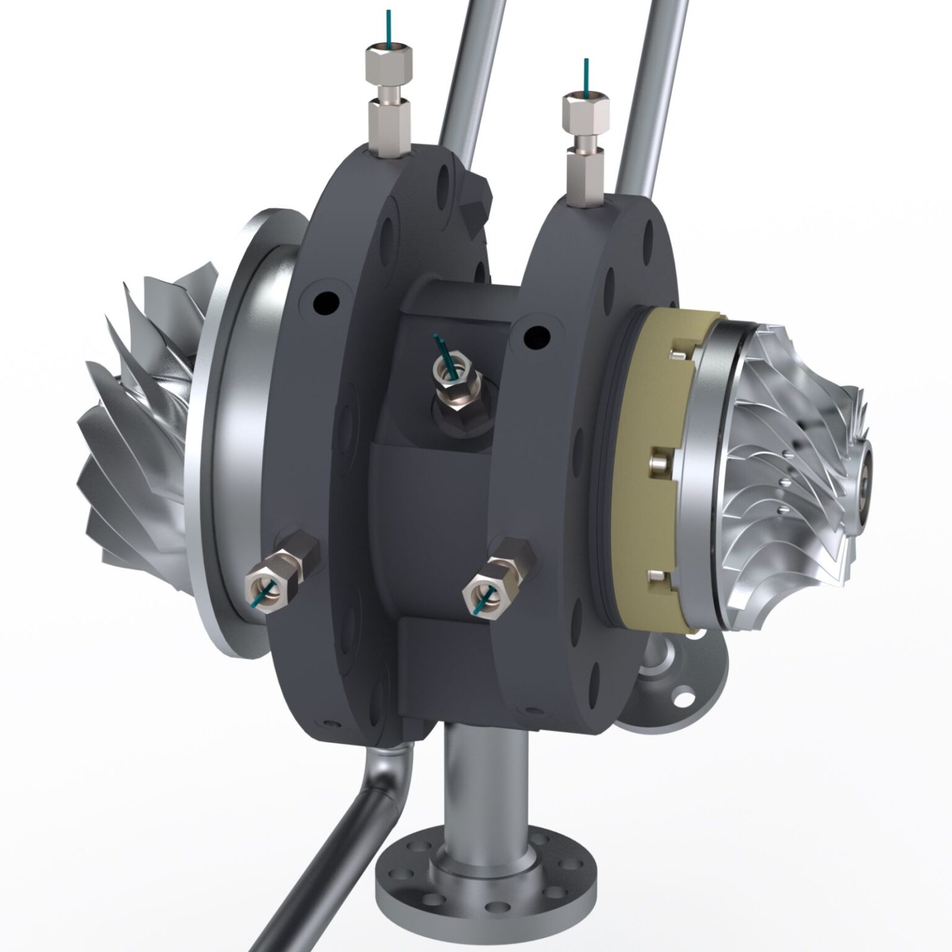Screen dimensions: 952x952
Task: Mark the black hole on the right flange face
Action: pyautogui.click(x=537, y=338)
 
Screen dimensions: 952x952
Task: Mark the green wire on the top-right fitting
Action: pyautogui.click(x=585, y=77)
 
